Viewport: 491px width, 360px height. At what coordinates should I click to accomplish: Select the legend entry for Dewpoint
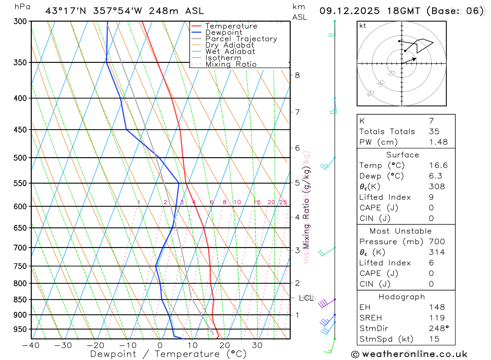[223, 32]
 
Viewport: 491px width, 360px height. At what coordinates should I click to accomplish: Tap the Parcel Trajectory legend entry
[241, 39]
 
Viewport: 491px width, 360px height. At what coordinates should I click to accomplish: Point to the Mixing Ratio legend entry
[231, 64]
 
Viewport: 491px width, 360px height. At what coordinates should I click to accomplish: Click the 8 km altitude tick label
[297, 75]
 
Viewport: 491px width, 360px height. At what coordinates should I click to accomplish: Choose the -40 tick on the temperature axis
[31, 345]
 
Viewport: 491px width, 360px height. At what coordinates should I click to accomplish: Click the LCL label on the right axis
[306, 298]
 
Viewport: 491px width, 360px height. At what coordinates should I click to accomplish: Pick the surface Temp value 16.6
[438, 166]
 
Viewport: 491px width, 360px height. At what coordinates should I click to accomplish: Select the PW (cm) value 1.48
[438, 142]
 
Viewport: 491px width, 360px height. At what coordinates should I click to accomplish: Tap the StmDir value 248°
[438, 329]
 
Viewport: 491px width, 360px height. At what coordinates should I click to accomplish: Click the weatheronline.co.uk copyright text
[409, 354]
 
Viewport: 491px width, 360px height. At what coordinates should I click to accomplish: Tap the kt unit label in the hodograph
[362, 26]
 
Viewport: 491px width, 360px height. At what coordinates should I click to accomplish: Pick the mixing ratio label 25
[283, 202]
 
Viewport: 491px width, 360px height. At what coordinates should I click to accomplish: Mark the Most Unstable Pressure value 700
[436, 242]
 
